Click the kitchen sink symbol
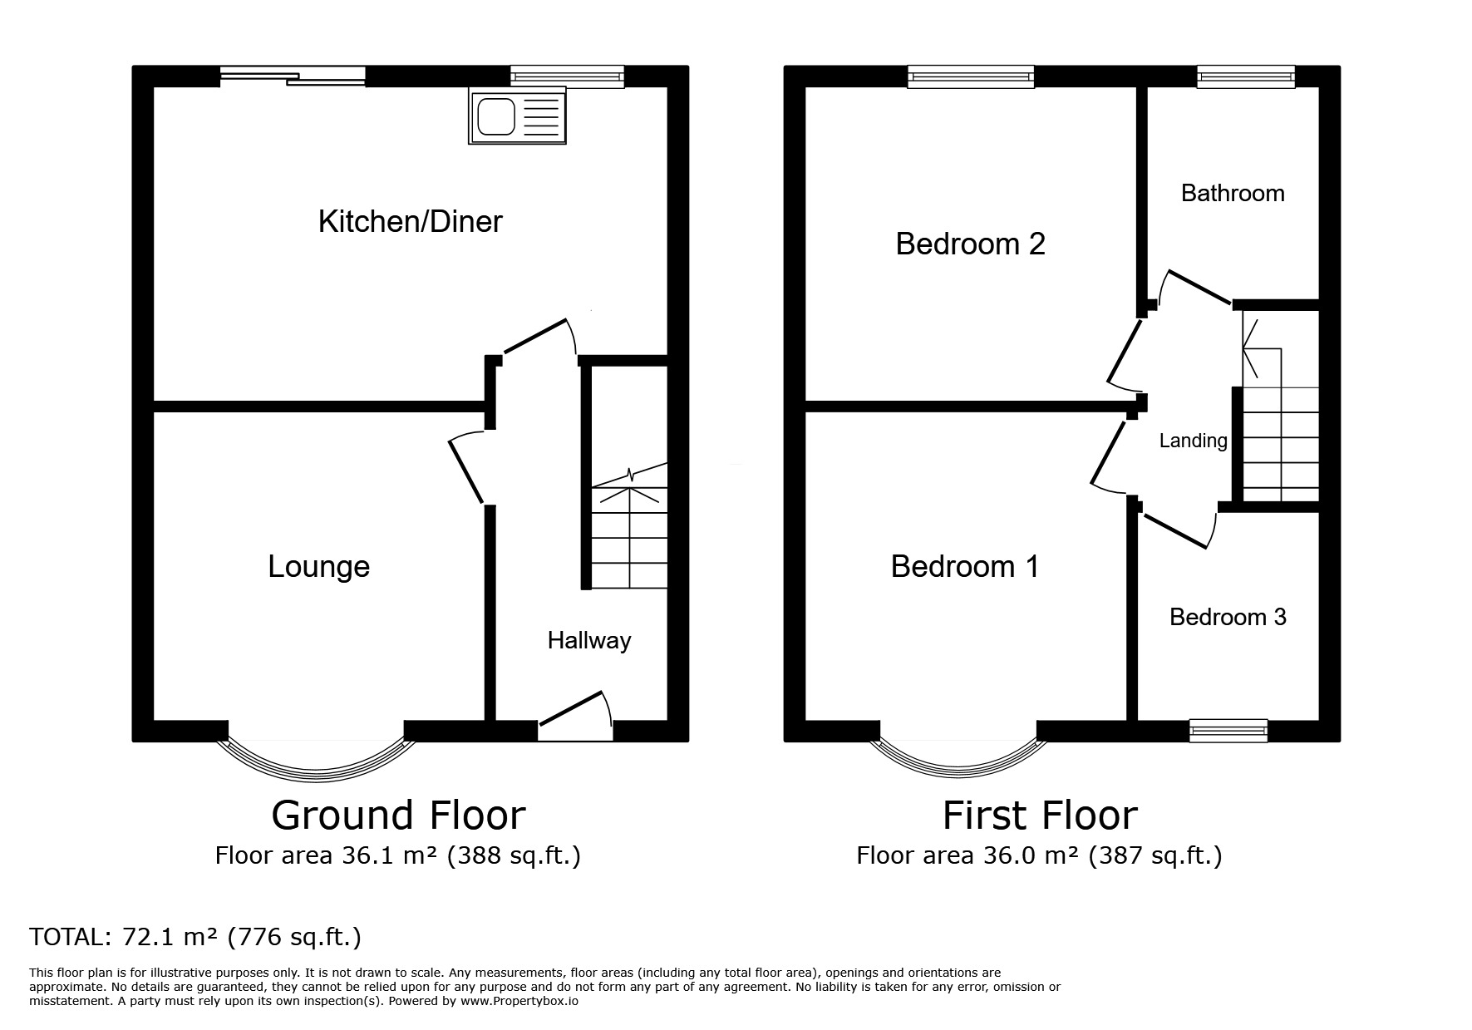point(517,117)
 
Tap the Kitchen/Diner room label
point(410,221)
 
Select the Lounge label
point(318,566)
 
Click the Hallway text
point(588,640)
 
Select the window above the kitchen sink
point(567,77)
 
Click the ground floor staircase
point(629,532)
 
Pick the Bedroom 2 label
point(970,244)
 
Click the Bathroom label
point(1232,193)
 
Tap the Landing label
point(1193,441)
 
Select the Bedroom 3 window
point(1228,731)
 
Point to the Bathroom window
point(1245,77)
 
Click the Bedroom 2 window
point(971,77)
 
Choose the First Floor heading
point(1039,816)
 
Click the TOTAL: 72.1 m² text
point(195,937)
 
